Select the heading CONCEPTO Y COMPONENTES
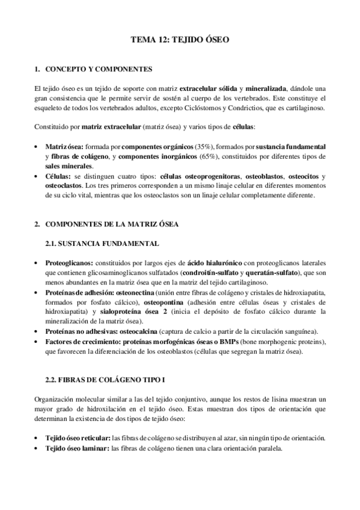(94, 69)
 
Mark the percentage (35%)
(203, 147)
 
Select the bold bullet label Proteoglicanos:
(69, 263)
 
